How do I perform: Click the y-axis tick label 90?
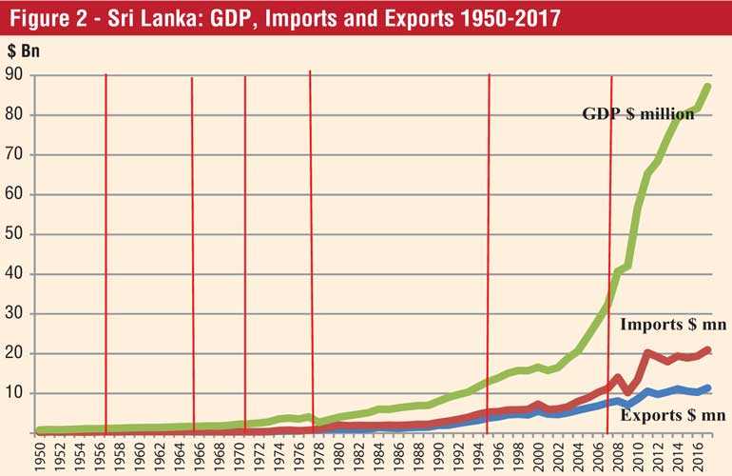(x=15, y=75)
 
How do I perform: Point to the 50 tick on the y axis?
(x=15, y=234)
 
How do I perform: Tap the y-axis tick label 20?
(x=15, y=353)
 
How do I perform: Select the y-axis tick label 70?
(x=15, y=154)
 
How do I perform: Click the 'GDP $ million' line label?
(x=638, y=114)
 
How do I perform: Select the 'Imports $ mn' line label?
(x=673, y=325)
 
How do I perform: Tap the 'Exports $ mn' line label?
(x=673, y=415)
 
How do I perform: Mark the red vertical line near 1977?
(x=311, y=238)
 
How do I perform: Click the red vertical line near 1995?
(x=489, y=238)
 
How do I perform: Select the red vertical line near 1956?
(x=106, y=238)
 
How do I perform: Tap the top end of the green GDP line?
(x=708, y=87)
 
